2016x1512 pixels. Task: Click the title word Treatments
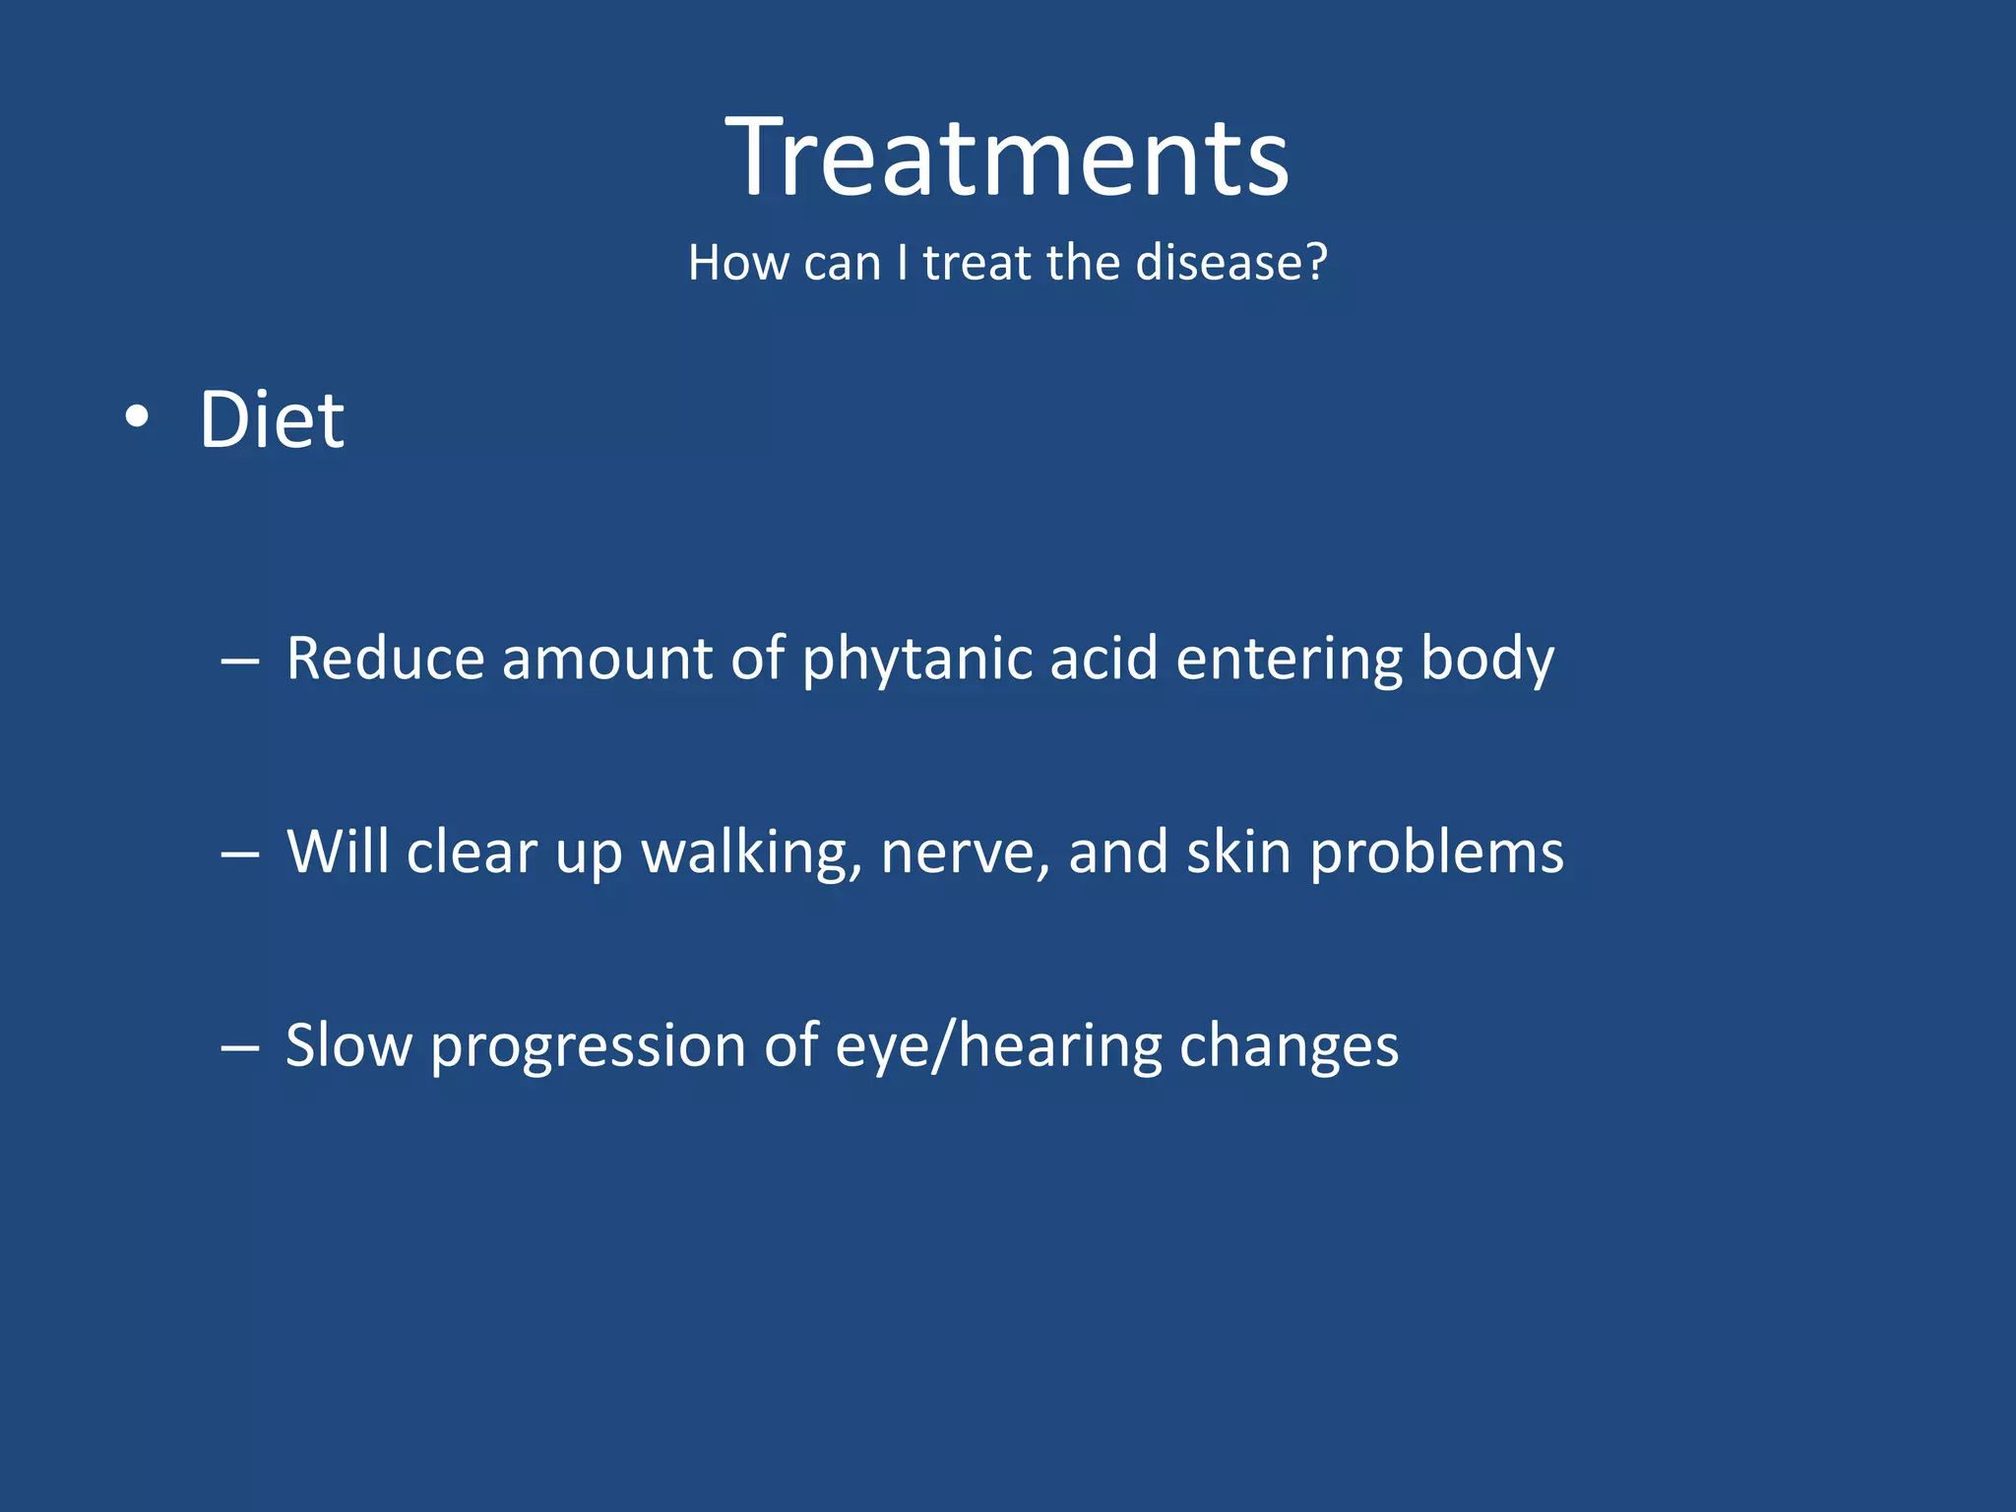click(1007, 157)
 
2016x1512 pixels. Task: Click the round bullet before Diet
click(137, 417)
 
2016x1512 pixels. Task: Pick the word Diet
click(272, 420)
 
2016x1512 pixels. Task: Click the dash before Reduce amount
click(239, 661)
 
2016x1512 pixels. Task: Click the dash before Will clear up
click(239, 854)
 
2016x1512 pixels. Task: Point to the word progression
click(588, 1047)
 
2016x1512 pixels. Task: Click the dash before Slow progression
click(239, 1048)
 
